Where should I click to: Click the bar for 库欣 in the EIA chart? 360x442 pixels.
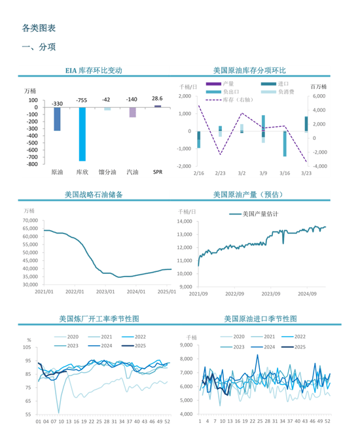coord(82,133)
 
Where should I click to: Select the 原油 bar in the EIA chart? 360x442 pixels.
coord(57,118)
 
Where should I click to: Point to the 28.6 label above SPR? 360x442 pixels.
coord(158,98)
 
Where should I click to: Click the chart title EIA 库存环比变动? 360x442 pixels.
coord(94,70)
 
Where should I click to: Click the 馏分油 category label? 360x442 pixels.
coord(107,173)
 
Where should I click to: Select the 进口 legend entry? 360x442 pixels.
coord(283,84)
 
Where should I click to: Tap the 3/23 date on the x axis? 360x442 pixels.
coord(306,173)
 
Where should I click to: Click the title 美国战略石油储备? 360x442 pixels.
coord(94,194)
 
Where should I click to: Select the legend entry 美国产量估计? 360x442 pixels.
coord(260,214)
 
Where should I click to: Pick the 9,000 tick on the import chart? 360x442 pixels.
coord(187,345)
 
